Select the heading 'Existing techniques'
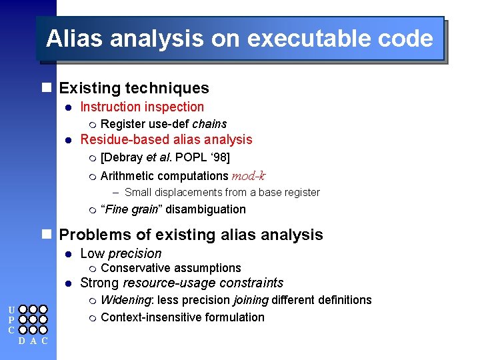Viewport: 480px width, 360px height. pyautogui.click(x=134, y=88)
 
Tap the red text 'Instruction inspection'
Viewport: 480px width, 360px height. pyautogui.click(x=142, y=107)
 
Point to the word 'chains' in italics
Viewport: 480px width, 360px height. pyautogui.click(x=209, y=124)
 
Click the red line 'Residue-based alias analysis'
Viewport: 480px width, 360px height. pyautogui.click(x=166, y=139)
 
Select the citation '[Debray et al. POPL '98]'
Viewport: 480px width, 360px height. pyautogui.click(x=165, y=158)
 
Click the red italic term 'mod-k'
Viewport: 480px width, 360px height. pyautogui.click(x=248, y=176)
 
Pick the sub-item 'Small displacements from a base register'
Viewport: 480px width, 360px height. pyautogui.click(x=222, y=193)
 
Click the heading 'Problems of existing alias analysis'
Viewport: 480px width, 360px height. pyautogui.click(x=191, y=235)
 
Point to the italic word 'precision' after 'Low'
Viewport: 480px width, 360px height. pyautogui.click(x=135, y=253)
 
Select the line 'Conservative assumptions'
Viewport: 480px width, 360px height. pyautogui.click(x=171, y=268)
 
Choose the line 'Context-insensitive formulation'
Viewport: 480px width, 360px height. pyautogui.click(x=182, y=317)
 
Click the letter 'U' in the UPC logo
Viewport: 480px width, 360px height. pyautogui.click(x=10, y=310)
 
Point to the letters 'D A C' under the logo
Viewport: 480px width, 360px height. pyautogui.click(x=33, y=341)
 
